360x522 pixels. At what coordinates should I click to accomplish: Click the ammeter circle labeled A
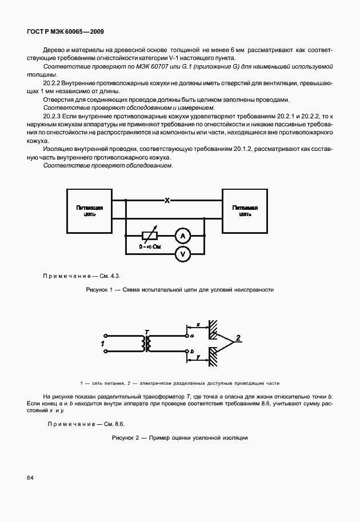pos(182,235)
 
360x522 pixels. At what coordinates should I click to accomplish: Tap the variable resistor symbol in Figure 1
pos(150,235)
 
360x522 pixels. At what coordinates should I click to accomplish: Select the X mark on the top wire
pos(167,201)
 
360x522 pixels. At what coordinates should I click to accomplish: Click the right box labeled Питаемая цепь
pos(245,211)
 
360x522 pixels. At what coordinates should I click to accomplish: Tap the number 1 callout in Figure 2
pos(102,344)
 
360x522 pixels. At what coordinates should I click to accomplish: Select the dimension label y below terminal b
pos(197,357)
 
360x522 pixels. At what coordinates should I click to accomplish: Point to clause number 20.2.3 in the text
pos(54,116)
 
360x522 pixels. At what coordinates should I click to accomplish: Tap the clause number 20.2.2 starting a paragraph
pos(54,83)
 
